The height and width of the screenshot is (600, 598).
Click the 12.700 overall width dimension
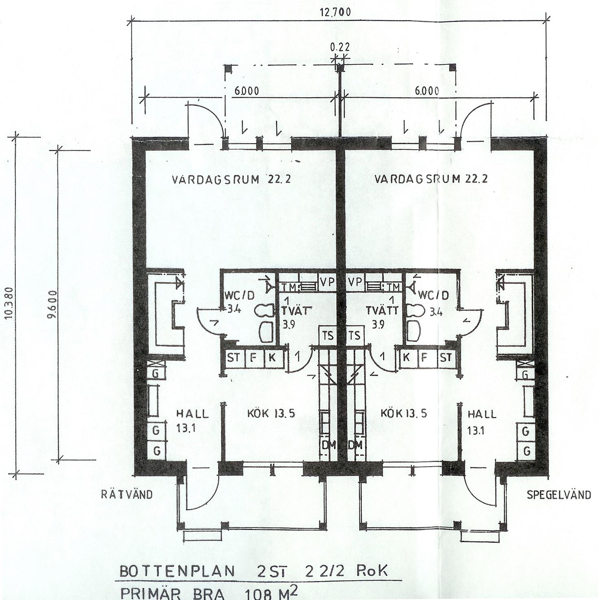tap(336, 12)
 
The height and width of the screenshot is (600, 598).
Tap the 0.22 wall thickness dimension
tap(340, 47)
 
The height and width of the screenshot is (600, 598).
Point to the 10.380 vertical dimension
tap(10, 302)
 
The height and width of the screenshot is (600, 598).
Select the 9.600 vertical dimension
tap(53, 304)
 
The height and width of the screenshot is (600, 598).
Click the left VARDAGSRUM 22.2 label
tap(231, 180)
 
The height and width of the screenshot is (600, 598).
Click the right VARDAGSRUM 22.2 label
tap(431, 179)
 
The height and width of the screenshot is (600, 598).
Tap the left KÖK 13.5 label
tap(271, 414)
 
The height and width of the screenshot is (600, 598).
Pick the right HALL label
tap(482, 414)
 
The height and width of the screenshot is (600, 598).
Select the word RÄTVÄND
tap(127, 495)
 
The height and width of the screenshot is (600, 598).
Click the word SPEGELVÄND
tap(559, 495)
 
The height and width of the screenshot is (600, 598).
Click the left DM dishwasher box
tap(328, 445)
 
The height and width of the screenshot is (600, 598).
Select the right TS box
tap(355, 335)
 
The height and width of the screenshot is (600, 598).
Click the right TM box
tap(393, 287)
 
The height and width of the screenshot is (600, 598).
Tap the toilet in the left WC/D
tap(263, 311)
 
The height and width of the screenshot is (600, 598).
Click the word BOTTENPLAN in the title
tap(177, 572)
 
